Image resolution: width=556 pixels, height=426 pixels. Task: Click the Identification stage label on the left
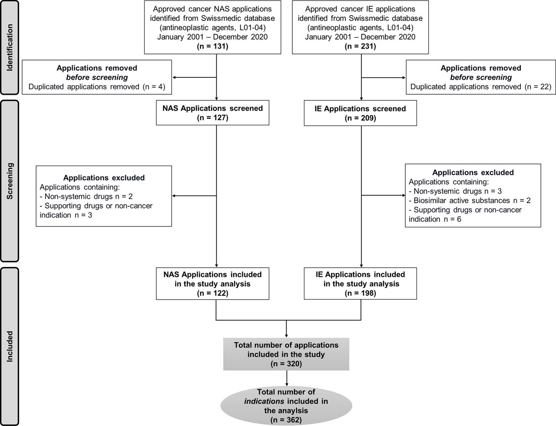point(10,47)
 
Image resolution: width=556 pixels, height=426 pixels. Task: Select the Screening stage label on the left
point(10,180)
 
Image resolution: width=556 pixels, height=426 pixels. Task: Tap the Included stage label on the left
point(10,346)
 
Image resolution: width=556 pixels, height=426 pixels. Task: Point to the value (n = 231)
point(360,46)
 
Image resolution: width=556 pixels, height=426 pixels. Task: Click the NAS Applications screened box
point(216,113)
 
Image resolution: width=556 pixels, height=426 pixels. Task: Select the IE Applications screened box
point(360,113)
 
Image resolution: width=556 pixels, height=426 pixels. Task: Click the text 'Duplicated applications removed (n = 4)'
point(97,87)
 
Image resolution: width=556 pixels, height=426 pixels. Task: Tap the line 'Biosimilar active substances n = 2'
point(470,200)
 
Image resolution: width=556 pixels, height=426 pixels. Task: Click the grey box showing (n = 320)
point(286,354)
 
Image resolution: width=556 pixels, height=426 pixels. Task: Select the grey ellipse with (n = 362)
point(286,404)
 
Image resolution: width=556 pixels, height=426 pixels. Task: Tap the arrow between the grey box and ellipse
point(286,378)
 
